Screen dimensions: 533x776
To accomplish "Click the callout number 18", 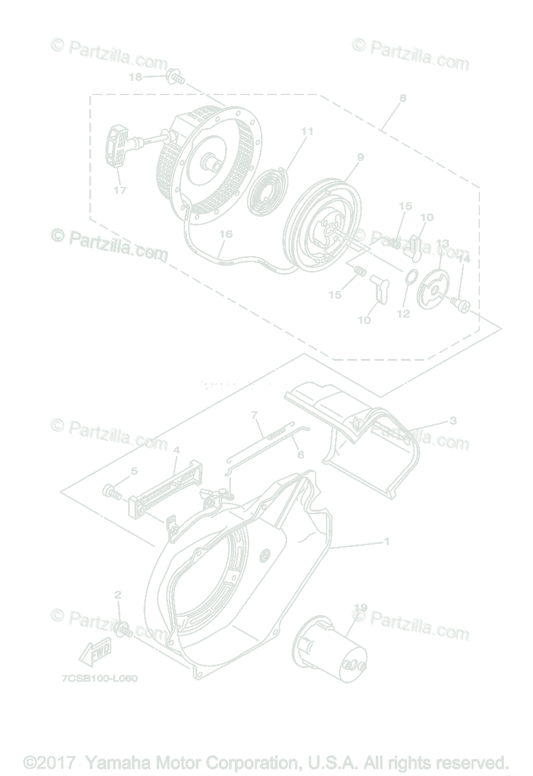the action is (x=135, y=76).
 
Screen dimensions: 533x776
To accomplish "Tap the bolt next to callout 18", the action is (x=174, y=79).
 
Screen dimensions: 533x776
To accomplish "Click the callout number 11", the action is (x=307, y=131).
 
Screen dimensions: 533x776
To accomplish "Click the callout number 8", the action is (x=403, y=98).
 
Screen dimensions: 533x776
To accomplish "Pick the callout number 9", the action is (x=360, y=157).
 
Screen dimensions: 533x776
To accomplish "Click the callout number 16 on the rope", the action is (x=225, y=234).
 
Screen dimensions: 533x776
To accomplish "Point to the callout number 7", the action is (x=254, y=414).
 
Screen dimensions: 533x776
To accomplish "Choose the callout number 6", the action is (x=300, y=455).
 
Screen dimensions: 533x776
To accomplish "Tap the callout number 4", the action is (x=176, y=449).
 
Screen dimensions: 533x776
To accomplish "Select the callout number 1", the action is (x=387, y=541).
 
